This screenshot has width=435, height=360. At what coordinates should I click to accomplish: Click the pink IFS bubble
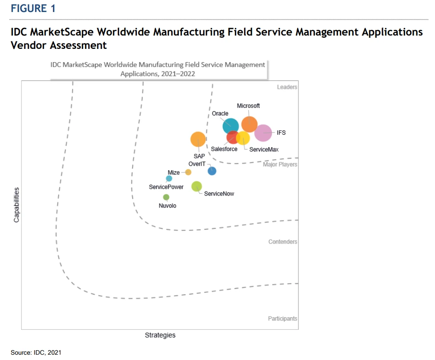tap(263, 133)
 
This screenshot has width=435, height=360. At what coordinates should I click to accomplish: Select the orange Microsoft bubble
tap(250, 124)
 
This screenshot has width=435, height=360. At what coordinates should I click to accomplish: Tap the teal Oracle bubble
tap(230, 126)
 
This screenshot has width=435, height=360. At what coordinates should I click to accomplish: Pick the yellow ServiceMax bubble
tap(243, 138)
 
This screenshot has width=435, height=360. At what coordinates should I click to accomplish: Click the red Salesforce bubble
tap(233, 137)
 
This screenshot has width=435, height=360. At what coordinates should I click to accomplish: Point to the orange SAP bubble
tap(198, 140)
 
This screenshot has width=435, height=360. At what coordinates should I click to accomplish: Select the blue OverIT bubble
tap(212, 171)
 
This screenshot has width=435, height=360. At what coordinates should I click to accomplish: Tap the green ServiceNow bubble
tap(197, 187)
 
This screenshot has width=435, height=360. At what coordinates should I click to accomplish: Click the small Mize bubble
tap(188, 172)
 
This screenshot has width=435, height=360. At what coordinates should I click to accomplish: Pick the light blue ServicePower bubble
tap(169, 179)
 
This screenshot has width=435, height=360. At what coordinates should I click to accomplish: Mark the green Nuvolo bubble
tap(166, 197)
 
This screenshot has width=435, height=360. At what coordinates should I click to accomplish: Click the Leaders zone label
tap(287, 87)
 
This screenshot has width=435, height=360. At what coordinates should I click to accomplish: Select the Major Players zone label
tap(280, 165)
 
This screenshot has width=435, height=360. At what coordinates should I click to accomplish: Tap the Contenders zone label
tap(283, 242)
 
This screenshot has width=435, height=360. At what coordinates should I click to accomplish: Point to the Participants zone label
tap(282, 319)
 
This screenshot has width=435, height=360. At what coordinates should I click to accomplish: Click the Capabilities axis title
tap(16, 205)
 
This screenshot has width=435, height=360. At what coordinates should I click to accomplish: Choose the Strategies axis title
tap(160, 335)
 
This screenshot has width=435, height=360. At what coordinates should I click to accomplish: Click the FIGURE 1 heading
tap(33, 8)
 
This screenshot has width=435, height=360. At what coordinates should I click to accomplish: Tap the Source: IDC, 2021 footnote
tap(36, 352)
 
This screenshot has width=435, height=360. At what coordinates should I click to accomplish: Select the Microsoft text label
tap(248, 106)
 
